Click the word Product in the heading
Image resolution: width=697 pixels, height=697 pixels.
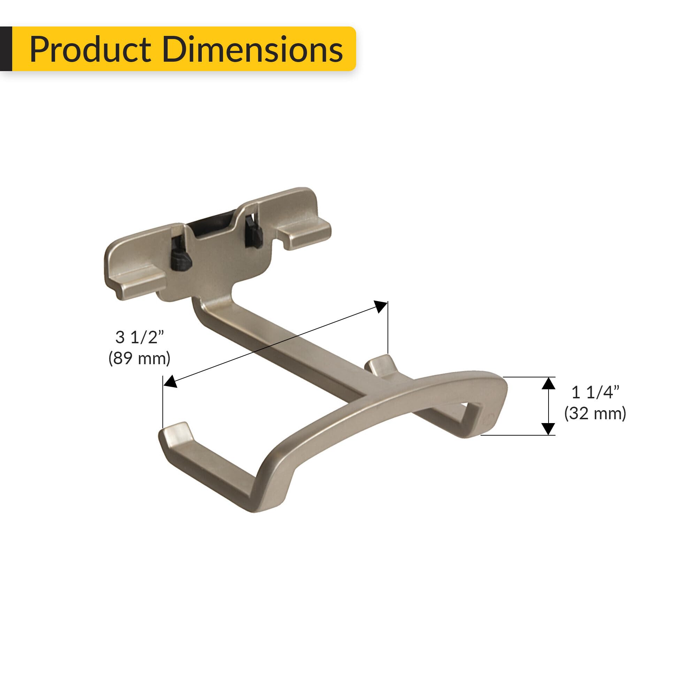(x=90, y=49)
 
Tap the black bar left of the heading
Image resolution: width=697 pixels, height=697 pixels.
(x=6, y=49)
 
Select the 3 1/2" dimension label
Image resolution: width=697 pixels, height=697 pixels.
(x=139, y=337)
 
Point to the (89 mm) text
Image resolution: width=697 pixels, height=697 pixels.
(x=139, y=358)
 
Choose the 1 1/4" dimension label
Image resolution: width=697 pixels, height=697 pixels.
(x=595, y=392)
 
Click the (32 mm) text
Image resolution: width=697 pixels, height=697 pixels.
(x=595, y=413)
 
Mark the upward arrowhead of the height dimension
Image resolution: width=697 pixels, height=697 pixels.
(x=548, y=383)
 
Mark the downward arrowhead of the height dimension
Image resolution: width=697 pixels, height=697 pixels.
(x=548, y=429)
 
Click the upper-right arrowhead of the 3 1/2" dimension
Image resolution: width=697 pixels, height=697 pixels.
(x=380, y=306)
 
